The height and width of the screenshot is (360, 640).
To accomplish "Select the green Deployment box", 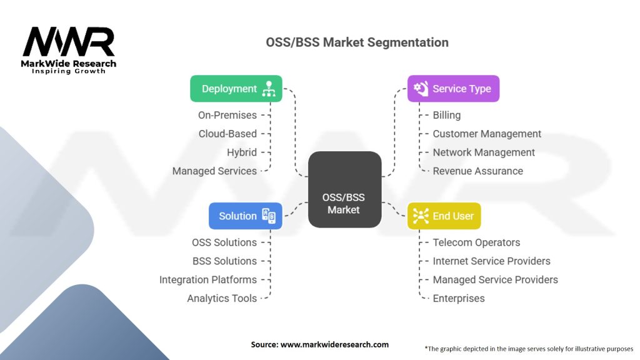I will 236,89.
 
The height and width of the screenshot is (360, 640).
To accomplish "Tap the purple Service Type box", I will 453,89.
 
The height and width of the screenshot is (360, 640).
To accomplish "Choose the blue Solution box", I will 245,216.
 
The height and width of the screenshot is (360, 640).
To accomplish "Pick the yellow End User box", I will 444,216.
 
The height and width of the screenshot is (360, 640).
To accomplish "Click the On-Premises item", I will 227,115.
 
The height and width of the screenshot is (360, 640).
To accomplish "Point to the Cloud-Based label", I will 227,134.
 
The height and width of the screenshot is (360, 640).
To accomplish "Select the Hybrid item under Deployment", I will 242,152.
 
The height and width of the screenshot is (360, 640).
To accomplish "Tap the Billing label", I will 446,115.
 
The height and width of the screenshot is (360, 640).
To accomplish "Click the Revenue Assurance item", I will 477,171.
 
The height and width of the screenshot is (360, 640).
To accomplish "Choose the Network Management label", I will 484,152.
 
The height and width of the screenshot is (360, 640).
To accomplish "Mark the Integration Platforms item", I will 207,279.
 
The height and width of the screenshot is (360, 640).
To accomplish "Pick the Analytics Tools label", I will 222,298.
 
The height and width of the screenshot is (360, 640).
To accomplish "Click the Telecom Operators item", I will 476,242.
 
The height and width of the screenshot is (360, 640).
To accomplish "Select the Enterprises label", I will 459,298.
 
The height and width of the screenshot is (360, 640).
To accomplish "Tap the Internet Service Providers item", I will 491,261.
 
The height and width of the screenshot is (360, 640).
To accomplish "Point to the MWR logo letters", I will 69,42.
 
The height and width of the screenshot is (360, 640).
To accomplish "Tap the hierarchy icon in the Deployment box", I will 269,89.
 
